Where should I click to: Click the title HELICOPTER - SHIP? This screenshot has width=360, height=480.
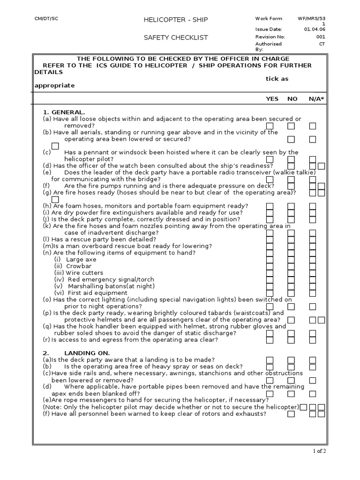[x=175, y=20]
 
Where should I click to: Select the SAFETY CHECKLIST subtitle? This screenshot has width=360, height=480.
[x=176, y=37]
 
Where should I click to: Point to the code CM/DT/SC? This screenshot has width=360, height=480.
[x=46, y=18]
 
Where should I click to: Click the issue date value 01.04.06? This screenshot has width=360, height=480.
[x=315, y=29]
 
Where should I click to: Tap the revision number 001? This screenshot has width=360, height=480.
[x=321, y=37]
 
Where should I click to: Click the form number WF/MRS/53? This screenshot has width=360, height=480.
[x=311, y=18]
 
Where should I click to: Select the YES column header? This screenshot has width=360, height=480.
[x=272, y=99]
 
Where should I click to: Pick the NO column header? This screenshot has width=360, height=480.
[x=292, y=99]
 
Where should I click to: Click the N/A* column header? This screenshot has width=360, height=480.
[x=316, y=99]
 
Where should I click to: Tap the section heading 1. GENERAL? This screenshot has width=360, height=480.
[x=64, y=112]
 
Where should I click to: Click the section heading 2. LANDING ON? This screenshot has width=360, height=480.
[x=76, y=353]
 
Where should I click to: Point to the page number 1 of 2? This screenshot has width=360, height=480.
[x=319, y=451]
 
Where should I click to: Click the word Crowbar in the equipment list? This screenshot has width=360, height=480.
[x=79, y=266]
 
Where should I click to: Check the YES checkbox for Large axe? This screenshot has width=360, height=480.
[x=270, y=259]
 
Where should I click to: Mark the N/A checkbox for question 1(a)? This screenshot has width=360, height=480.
[x=313, y=126]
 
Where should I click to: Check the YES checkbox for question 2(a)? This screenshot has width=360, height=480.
[x=270, y=360]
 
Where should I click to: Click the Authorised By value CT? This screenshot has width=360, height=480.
[x=322, y=44]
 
